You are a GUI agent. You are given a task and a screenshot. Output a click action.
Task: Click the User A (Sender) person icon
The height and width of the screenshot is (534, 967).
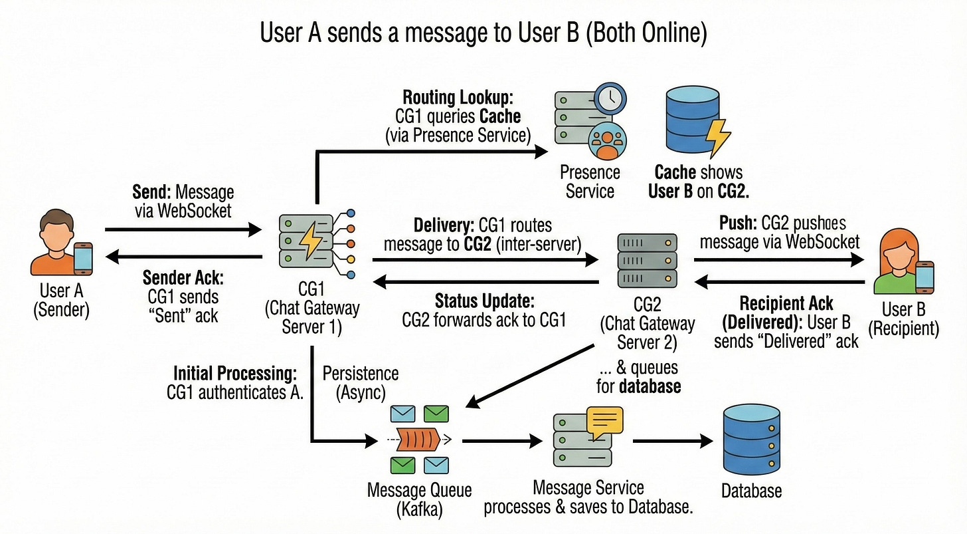[x=60, y=242]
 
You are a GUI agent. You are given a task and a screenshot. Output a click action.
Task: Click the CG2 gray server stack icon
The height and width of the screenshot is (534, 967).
[x=647, y=260]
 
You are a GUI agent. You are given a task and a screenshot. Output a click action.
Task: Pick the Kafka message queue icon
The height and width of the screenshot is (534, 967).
[x=419, y=439]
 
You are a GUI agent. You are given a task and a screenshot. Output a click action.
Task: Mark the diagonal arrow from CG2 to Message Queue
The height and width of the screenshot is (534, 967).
[x=531, y=376]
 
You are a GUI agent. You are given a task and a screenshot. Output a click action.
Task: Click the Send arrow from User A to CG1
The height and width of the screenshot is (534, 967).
[x=183, y=231]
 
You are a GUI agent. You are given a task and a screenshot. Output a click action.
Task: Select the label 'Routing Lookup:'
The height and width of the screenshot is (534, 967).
[x=458, y=98]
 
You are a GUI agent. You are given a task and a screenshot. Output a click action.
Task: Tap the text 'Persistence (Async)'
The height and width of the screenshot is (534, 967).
[x=361, y=383]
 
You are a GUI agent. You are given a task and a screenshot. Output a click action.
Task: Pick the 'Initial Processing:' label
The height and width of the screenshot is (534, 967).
[x=235, y=373]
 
